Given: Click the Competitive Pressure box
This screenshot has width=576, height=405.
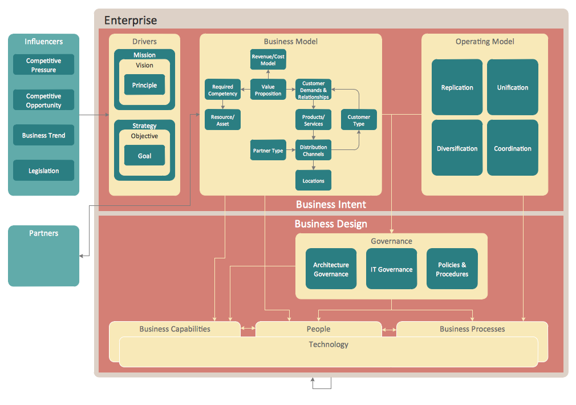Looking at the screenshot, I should (x=43, y=64).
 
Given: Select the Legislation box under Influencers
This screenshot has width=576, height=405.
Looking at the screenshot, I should (x=43, y=171).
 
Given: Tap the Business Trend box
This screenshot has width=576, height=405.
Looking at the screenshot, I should (x=43, y=135).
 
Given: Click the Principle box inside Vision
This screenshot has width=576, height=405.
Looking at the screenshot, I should (x=144, y=85).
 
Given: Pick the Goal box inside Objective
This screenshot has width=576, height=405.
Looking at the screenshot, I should (x=144, y=156).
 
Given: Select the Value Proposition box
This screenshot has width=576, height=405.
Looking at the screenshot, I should (x=268, y=90).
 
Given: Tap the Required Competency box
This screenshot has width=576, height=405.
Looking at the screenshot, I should (x=222, y=90).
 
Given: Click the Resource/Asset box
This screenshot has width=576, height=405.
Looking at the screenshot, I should (x=222, y=120).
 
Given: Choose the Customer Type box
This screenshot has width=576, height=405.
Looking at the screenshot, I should (x=359, y=120).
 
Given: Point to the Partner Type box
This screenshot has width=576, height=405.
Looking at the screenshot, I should (x=268, y=151).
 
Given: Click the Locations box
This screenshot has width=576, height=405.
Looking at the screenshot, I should (x=313, y=181).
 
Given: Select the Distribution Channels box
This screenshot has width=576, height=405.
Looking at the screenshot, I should (x=313, y=151).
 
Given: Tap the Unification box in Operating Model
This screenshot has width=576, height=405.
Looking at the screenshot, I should (x=512, y=87).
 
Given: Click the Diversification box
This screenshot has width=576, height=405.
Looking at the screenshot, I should (x=457, y=148).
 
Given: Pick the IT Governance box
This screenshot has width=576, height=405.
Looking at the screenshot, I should (x=391, y=269).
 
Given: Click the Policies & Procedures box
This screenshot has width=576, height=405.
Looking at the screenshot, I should (x=452, y=269).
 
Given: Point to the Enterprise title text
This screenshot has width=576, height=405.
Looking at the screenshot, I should (x=130, y=21).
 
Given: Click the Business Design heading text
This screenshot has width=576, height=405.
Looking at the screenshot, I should (x=331, y=224).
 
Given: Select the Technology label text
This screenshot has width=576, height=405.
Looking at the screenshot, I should (x=328, y=345).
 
